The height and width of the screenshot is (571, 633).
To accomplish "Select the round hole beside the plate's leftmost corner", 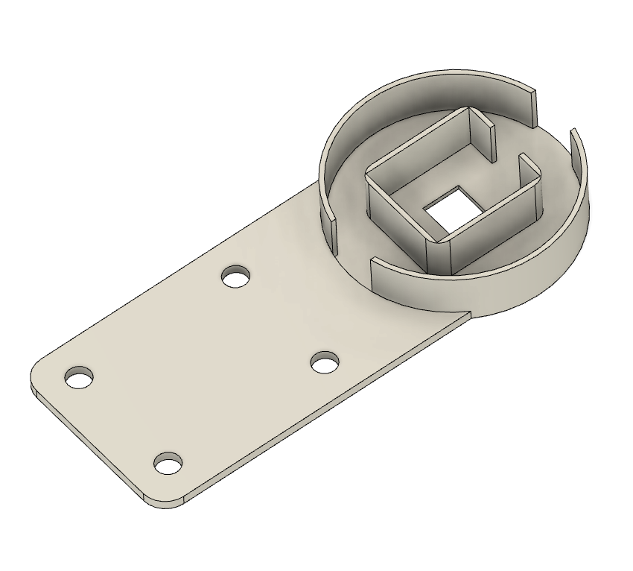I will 79,378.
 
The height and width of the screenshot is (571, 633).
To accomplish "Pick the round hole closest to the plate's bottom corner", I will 169,464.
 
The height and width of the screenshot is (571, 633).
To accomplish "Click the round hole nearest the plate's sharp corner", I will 324,363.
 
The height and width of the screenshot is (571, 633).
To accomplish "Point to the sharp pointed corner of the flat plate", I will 470,313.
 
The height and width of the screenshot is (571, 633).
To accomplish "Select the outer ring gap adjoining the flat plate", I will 350,246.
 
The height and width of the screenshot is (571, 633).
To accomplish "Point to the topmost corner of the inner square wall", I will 468,110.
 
